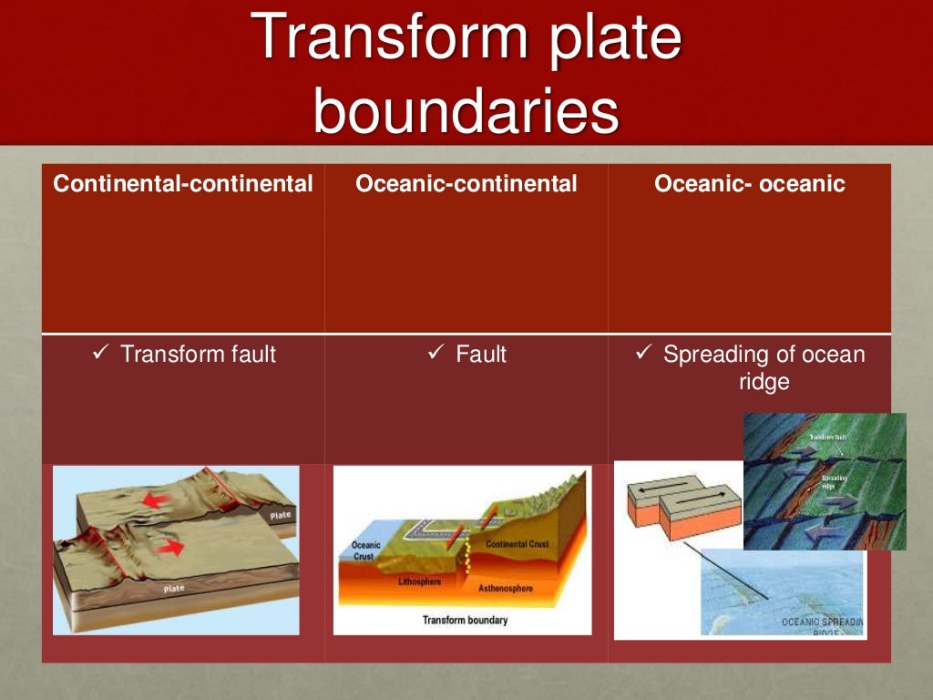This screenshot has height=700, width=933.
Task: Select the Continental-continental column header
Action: [x=183, y=184]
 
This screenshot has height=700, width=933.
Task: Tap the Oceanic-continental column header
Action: [x=466, y=184]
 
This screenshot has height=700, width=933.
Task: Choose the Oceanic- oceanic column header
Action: [x=749, y=184]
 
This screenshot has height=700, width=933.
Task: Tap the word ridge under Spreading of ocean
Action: [x=764, y=383]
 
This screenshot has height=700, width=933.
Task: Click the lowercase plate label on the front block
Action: [x=174, y=589]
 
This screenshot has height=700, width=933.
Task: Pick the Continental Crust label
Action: [x=517, y=544]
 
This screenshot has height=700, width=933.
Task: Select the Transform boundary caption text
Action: [x=465, y=620]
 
